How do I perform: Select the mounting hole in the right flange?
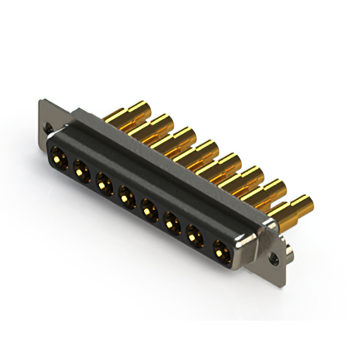pyautogui.click(x=275, y=260)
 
